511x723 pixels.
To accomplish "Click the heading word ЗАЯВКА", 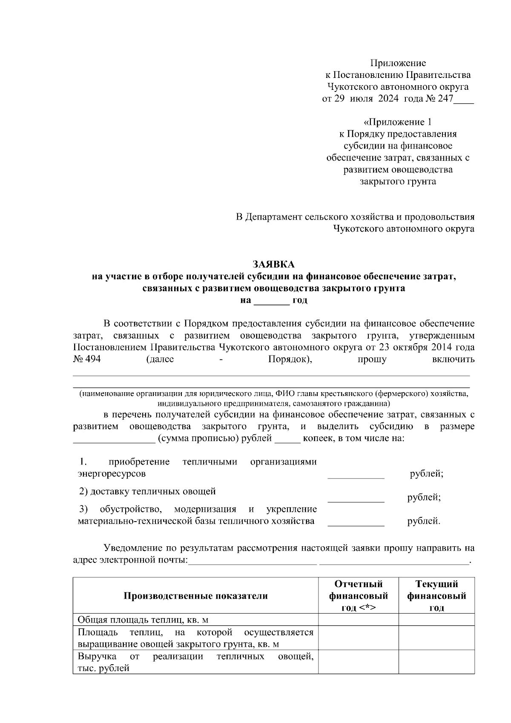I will [x=273, y=264].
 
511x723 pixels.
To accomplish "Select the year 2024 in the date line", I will [x=387, y=99].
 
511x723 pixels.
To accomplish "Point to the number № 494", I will [x=87, y=359].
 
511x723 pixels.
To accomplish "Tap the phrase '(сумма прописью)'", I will [x=192, y=439].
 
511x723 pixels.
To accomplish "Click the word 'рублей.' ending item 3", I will [x=424, y=521].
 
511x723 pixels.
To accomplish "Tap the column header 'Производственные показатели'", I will [x=195, y=596].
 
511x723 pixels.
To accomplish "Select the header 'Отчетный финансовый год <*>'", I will [x=358, y=596].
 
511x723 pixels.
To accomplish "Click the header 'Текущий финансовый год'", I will [x=436, y=596].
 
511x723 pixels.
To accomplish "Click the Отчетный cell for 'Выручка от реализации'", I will [x=358, y=662].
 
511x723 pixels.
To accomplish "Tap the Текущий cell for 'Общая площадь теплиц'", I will [x=436, y=620].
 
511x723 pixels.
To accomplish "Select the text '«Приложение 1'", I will [x=398, y=122].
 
